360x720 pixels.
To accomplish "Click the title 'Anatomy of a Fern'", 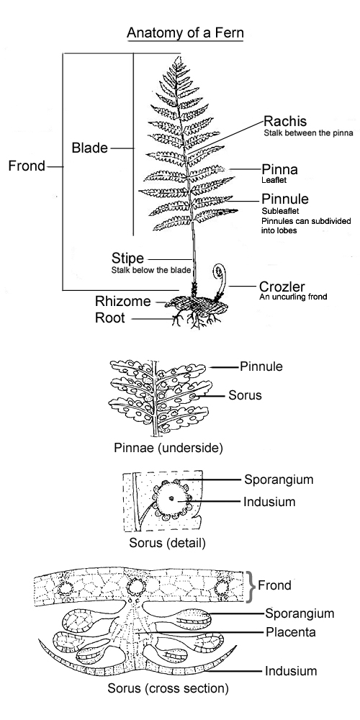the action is coord(185,33).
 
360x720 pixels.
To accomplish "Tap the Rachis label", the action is coord(285,121).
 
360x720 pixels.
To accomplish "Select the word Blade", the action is coord(89,148).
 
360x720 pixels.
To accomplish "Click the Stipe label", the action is coord(127,258).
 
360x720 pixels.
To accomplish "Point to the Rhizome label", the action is coord(122,301).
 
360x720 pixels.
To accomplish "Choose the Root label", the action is coord(109,318).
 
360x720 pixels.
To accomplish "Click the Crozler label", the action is coord(282,287).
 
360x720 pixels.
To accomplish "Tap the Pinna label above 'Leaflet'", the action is coord(279,169).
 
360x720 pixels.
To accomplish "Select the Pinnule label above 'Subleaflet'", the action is coord(285,199).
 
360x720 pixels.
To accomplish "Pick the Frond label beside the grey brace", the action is coord(274,585).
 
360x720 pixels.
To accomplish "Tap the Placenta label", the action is coord(291,632).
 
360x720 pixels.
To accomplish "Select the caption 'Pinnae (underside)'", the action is coord(168,448).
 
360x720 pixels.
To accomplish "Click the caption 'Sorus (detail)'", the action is coord(167,543).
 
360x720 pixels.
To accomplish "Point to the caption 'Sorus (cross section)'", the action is coord(168,688).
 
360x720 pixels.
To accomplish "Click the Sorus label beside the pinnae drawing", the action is coord(246,395).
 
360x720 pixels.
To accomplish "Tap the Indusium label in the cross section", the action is coord(291,671).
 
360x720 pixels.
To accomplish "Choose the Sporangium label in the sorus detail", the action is coord(279,480).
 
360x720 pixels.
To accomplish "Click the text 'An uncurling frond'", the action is coord(293,297).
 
